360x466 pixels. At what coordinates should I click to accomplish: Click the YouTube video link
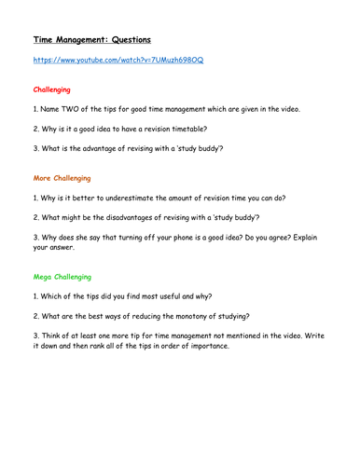(x=118, y=60)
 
